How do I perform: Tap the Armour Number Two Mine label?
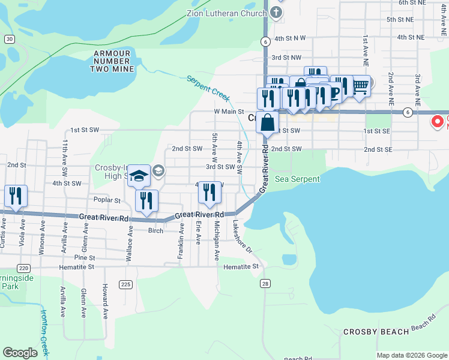tap(112, 61)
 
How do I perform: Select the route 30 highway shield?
tap(8, 38)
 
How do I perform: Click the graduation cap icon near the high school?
tap(139, 175)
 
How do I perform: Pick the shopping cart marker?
tap(360, 87)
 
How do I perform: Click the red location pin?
tap(438, 122)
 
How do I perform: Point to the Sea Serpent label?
tap(297, 179)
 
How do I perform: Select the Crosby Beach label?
tap(376, 332)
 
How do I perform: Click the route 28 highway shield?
tap(265, 283)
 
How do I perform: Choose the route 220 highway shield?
tap(24, 268)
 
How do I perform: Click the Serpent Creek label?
tap(208, 87)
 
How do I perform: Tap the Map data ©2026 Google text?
tap(412, 355)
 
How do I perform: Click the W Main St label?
tap(229, 112)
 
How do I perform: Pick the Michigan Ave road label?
tap(217, 241)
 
